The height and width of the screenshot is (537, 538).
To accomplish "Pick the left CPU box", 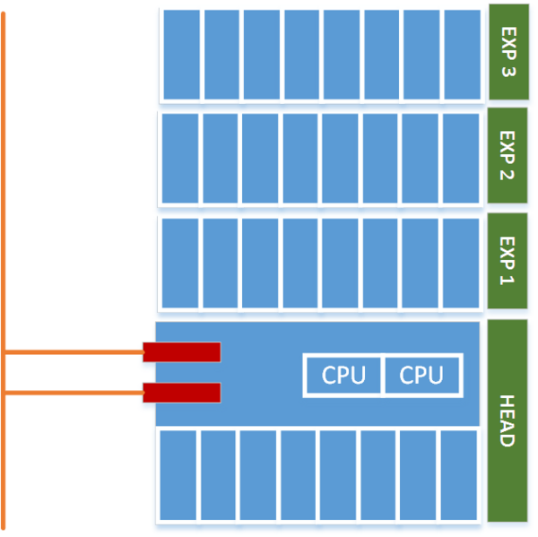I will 343,375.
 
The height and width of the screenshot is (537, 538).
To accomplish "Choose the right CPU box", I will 421,375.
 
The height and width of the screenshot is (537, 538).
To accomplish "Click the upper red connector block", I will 182,352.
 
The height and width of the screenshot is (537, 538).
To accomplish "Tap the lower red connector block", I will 182,393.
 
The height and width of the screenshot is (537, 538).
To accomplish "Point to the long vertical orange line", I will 4,269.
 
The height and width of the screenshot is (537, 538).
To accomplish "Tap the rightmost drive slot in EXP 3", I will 462,55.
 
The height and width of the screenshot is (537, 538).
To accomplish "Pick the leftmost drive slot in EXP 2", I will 180,158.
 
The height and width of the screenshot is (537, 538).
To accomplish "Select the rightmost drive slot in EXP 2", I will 461,158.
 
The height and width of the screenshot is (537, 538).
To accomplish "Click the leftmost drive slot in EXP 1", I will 180,263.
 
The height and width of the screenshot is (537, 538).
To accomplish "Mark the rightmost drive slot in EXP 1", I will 461,263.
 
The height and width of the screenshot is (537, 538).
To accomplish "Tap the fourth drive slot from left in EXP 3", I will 301,55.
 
